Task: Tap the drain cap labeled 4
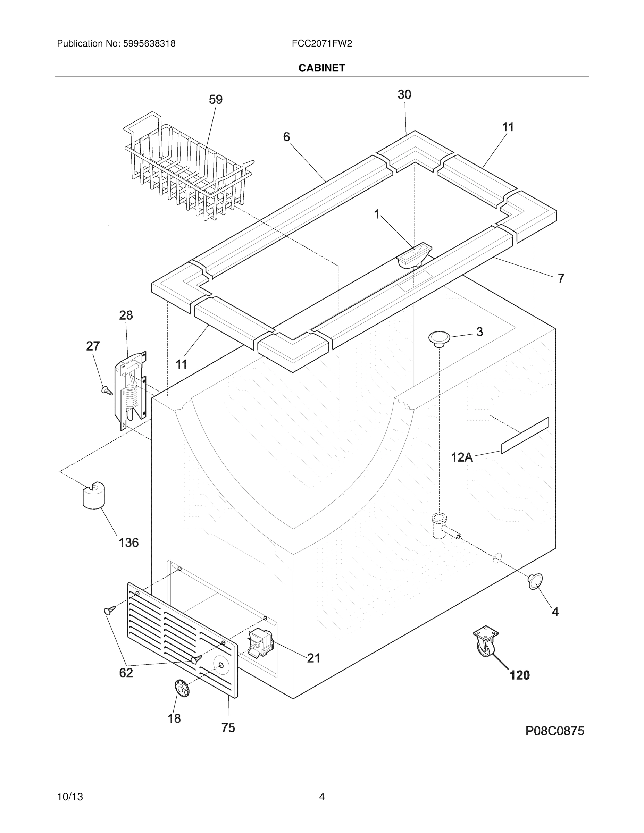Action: click(x=535, y=581)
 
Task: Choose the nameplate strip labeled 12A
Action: click(x=525, y=435)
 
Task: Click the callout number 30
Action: click(x=404, y=95)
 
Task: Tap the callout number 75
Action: click(x=228, y=728)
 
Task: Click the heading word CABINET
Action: click(x=321, y=68)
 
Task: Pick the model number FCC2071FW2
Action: click(x=321, y=44)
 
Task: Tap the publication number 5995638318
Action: click(x=149, y=44)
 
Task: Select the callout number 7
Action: click(x=560, y=278)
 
